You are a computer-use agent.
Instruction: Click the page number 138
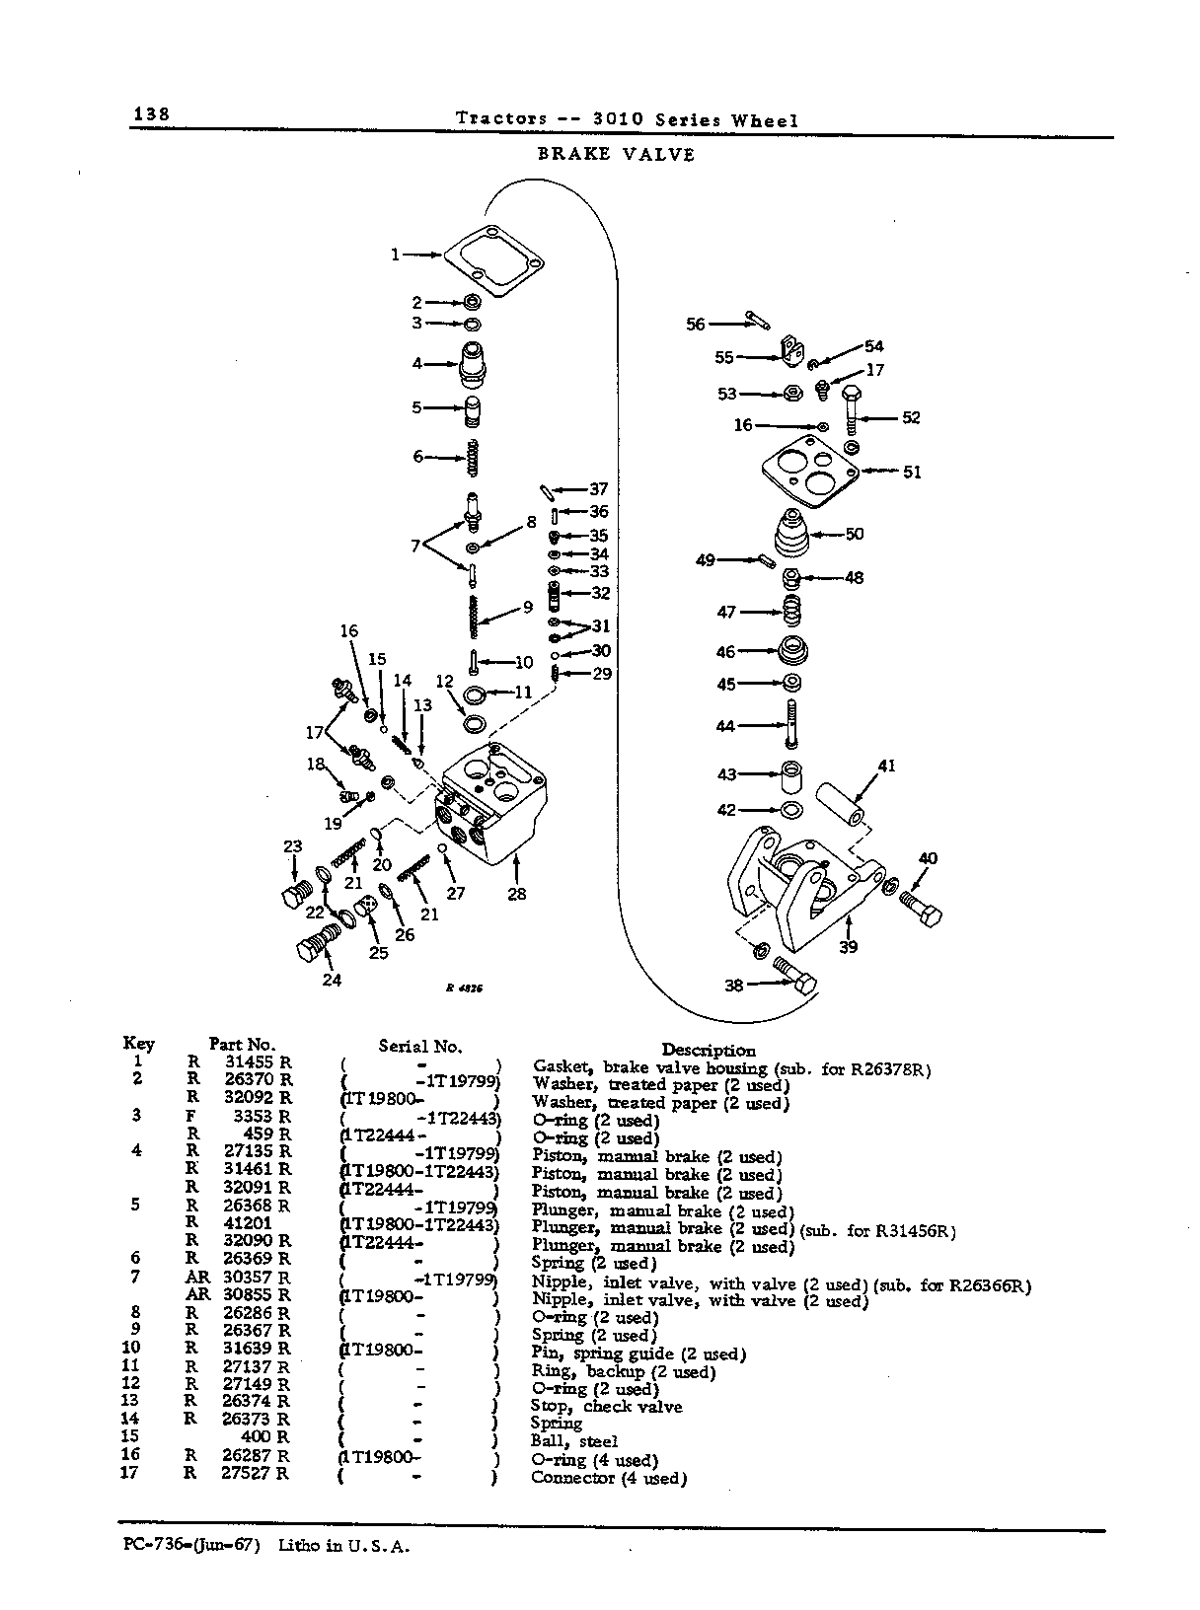pos(151,114)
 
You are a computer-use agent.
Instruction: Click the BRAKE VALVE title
pos(616,154)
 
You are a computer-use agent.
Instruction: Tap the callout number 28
pos(516,894)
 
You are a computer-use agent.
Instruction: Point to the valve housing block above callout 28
pos(490,802)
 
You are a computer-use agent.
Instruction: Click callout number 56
pos(695,324)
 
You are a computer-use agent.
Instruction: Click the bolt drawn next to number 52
pos(852,410)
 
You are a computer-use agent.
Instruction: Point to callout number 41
pos(886,766)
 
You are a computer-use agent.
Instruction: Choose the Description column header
pos(709,1051)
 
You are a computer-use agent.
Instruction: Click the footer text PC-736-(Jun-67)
pos(191,1544)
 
